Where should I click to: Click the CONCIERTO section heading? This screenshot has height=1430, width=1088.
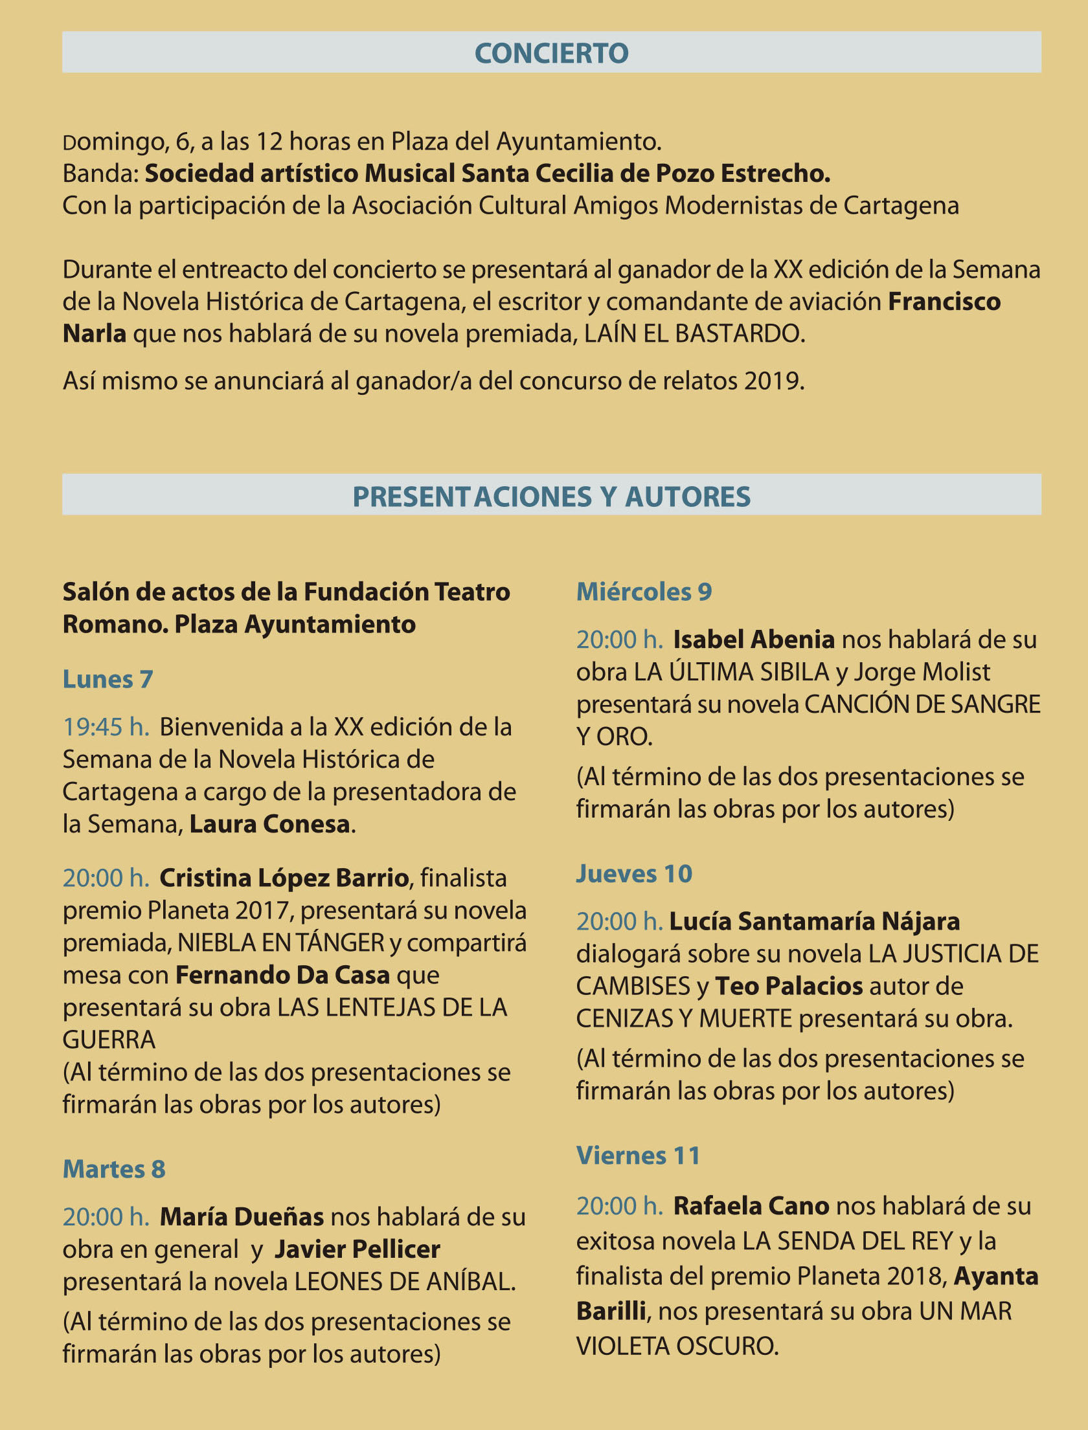coord(551,53)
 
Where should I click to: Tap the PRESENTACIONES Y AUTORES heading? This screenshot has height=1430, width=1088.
coord(551,497)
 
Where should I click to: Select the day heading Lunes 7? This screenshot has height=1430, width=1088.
coord(108,679)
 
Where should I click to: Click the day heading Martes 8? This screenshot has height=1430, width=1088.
coord(114,1169)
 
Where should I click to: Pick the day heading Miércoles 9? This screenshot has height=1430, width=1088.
coord(644,592)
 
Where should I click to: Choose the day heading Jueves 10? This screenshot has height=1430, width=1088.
coord(634,874)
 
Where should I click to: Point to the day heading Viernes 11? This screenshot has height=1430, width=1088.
coord(638,1156)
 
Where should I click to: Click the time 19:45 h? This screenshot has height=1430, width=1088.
coord(106,727)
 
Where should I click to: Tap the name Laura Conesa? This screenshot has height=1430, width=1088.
coord(269,824)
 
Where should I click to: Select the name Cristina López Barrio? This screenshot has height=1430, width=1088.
coord(284,878)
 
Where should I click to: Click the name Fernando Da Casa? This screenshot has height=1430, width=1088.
coord(282,975)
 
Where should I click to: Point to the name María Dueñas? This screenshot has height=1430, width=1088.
coord(242,1217)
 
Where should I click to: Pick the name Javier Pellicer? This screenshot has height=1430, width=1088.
coord(357,1249)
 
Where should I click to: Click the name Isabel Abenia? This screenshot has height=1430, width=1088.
coord(753,640)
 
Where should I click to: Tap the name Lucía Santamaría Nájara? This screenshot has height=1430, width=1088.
coord(814,921)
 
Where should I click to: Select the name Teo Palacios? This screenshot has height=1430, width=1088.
coord(789,986)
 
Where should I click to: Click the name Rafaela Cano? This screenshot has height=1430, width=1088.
coord(751,1206)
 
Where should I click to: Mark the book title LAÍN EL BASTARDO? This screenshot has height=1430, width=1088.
coord(694,334)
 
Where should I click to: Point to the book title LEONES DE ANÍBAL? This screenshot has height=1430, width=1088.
coord(405,1282)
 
